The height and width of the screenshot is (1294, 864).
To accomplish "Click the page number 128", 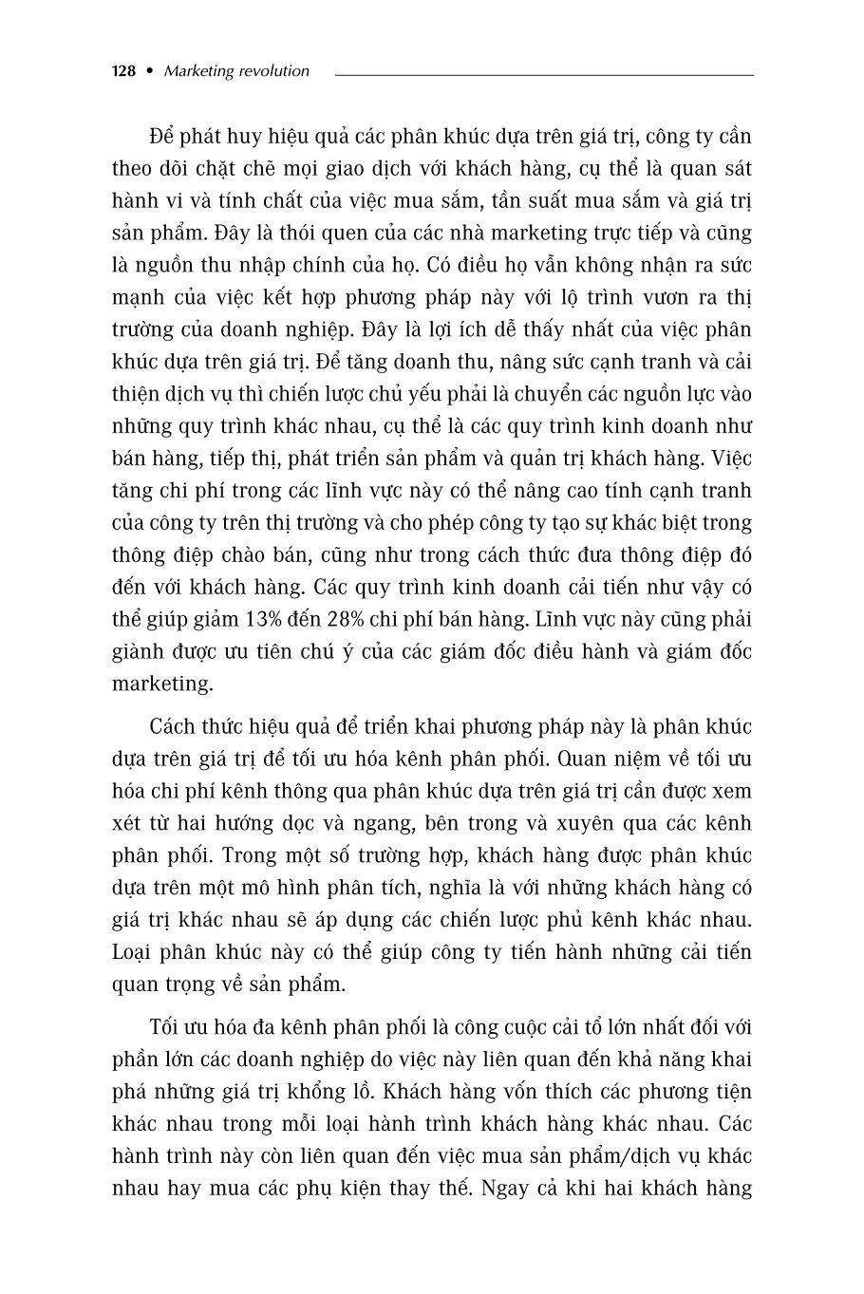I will pos(123,71).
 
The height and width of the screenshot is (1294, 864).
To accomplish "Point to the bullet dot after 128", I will pos(148,71).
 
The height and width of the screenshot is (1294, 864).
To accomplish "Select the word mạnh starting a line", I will pos(137,297).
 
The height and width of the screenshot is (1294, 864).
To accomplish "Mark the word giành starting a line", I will pos(139,651).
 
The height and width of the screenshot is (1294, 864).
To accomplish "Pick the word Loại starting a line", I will pos(135,952).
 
